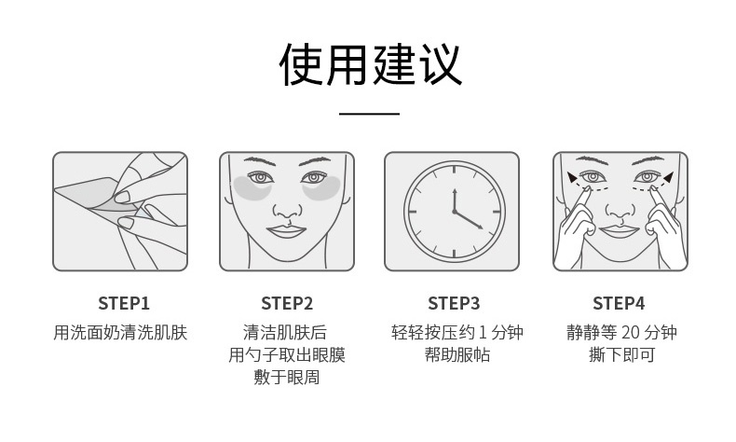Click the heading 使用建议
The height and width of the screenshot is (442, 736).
click(370, 64)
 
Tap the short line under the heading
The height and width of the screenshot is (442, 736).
click(370, 113)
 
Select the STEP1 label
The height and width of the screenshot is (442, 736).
click(124, 303)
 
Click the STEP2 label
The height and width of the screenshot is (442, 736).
click(287, 303)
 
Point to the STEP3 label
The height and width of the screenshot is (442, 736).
click(454, 303)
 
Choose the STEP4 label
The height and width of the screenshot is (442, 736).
click(619, 303)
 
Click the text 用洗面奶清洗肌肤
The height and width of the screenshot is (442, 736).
click(120, 332)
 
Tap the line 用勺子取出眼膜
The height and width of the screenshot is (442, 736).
click(287, 354)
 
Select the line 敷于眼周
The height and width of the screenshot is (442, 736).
click(287, 377)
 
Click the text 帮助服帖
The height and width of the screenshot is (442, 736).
click(457, 354)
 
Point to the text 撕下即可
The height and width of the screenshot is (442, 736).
click(622, 354)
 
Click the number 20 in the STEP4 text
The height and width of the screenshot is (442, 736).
click(630, 333)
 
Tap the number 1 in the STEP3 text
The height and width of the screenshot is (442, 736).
click(480, 333)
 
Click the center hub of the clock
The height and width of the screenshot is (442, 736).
click(455, 212)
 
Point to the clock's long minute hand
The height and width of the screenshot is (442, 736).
click(469, 220)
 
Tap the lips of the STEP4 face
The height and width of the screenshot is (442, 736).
click(620, 230)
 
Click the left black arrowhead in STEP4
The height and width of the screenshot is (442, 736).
click(573, 176)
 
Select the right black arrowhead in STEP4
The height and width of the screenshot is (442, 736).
click(668, 176)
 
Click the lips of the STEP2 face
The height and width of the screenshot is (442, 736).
click(286, 231)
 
